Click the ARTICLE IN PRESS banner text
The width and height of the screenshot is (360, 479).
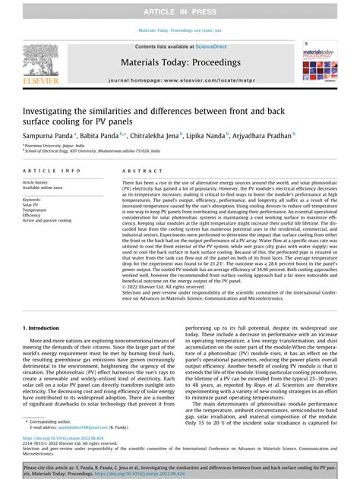[180, 9]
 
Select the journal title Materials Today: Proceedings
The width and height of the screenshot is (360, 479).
[179, 63]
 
